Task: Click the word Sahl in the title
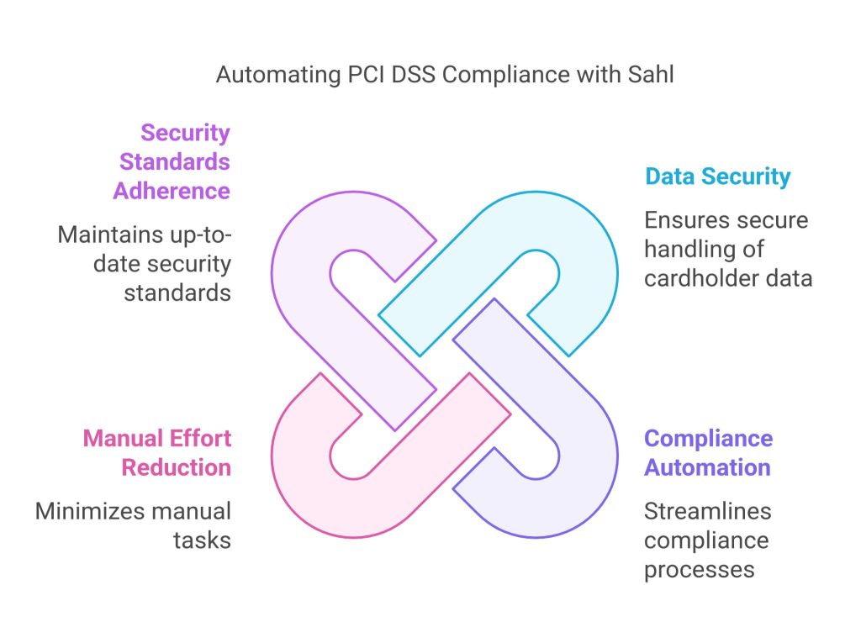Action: (x=651, y=74)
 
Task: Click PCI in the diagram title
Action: (x=366, y=74)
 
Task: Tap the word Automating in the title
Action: (x=278, y=76)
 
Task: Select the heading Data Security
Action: (x=718, y=177)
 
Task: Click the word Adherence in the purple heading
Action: (x=172, y=191)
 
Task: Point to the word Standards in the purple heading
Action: (x=175, y=162)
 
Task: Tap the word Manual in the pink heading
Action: (x=123, y=438)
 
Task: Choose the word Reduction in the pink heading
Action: (x=177, y=467)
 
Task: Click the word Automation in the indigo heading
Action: (x=707, y=467)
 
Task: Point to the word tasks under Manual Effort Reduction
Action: (x=202, y=540)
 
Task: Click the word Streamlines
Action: (x=708, y=511)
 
